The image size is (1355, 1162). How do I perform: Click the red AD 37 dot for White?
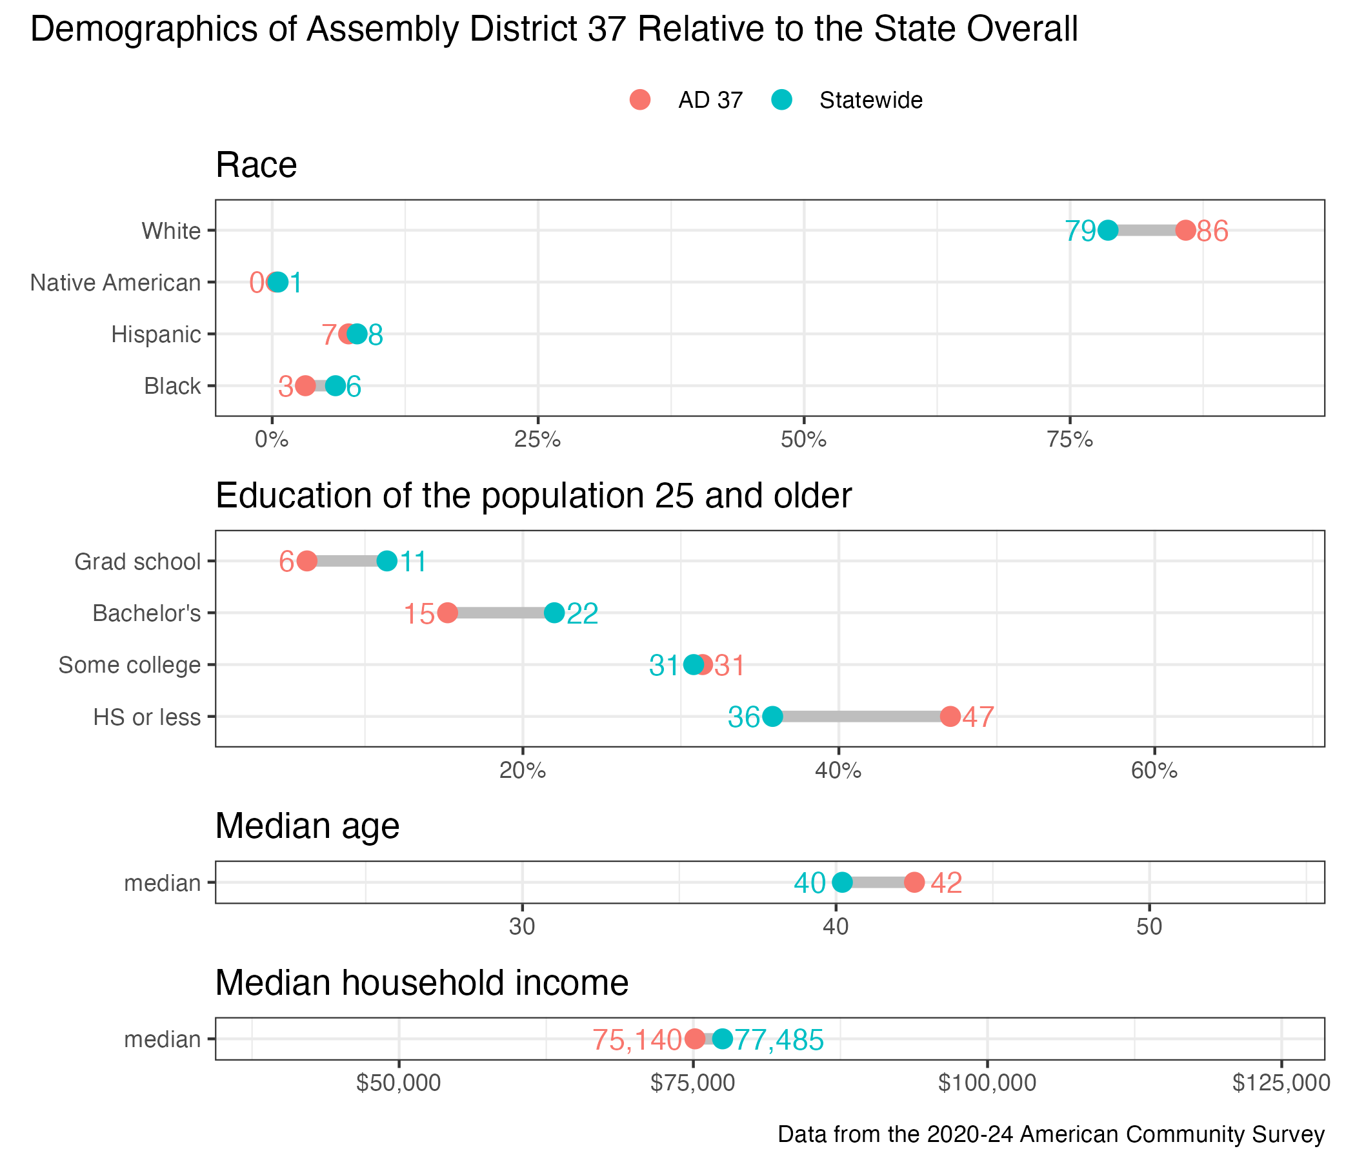pos(1185,230)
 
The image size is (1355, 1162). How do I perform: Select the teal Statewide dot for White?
pos(1108,230)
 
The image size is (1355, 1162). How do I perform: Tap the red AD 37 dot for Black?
pos(305,386)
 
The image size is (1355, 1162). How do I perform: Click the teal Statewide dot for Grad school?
pos(387,562)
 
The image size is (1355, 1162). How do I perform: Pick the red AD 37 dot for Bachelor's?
pos(447,613)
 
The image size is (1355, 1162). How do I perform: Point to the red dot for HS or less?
pos(950,717)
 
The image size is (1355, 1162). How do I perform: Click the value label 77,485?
pos(779,1040)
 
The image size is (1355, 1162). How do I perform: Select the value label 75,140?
pos(637,1040)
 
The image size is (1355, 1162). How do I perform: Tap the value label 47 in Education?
pos(978,718)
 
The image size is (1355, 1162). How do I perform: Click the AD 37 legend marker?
pos(640,100)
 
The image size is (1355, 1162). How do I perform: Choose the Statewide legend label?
pos(871,101)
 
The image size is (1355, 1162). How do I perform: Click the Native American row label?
pos(115,283)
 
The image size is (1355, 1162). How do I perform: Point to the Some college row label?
pos(130,665)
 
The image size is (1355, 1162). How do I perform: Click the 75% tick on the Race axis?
pos(1070,440)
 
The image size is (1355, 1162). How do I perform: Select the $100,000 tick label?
pos(987,1083)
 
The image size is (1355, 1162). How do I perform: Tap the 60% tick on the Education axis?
pos(1154,771)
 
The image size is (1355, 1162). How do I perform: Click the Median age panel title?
pos(307,826)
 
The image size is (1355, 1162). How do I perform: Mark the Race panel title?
pos(256,165)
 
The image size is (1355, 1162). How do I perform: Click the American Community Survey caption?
pos(1051,1134)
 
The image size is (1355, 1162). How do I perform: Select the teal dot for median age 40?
pos(842,882)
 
